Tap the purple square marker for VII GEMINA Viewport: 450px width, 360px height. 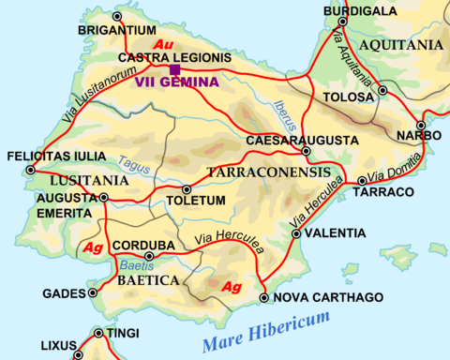(x=175, y=69)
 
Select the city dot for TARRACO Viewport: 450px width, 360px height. (x=362, y=181)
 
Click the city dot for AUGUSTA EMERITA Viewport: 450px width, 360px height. (x=104, y=198)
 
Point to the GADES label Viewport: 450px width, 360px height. (x=63, y=293)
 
